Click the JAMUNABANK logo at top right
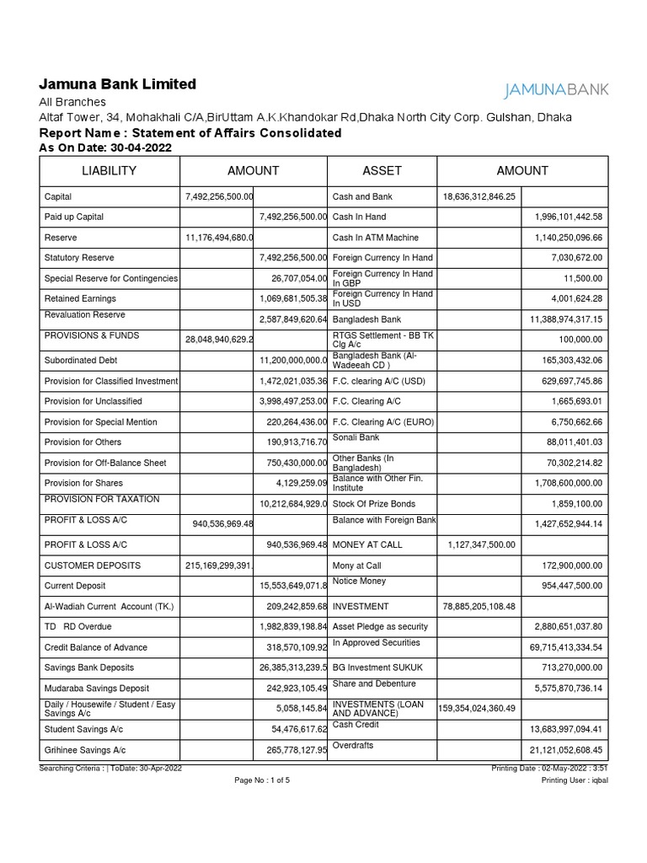point(555,90)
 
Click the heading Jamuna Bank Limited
point(118,84)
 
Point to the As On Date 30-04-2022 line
point(105,147)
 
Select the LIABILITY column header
point(109,171)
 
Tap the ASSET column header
point(382,171)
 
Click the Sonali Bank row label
point(356,437)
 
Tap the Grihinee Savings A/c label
point(85,749)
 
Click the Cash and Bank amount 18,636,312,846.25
point(479,196)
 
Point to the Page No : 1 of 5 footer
point(262,780)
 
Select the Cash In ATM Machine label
point(376,238)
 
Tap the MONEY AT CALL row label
point(367,544)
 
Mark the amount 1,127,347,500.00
point(479,544)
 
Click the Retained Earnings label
point(80,298)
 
